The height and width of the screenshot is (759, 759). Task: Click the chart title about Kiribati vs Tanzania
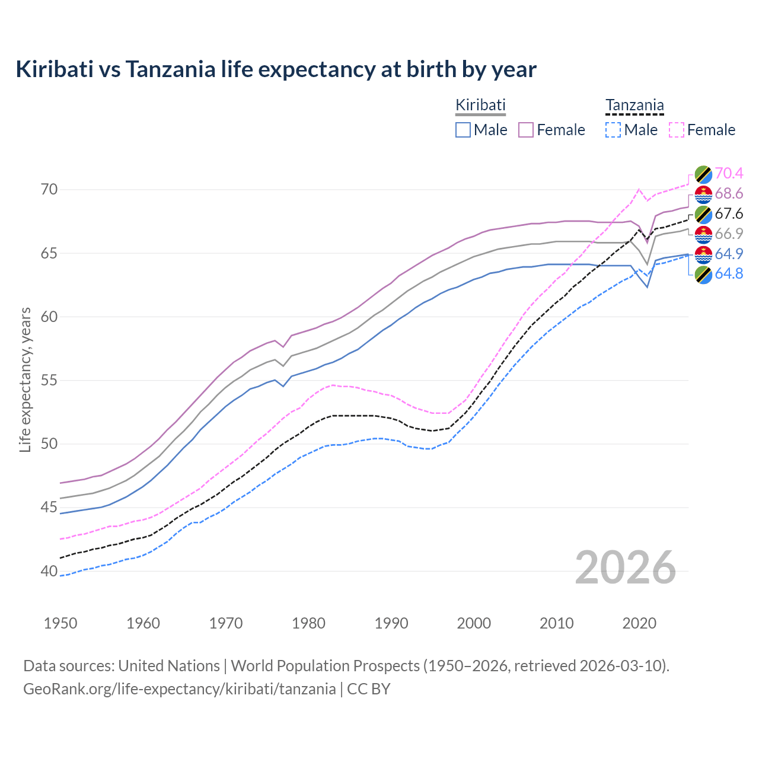pyautogui.click(x=276, y=69)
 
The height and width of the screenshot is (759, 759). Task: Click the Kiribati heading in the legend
pyautogui.click(x=480, y=105)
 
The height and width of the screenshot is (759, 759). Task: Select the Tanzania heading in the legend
pyautogui.click(x=634, y=105)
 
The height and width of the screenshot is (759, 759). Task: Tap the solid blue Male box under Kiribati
pyautogui.click(x=463, y=130)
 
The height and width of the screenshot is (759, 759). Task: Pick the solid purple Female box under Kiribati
pyautogui.click(x=526, y=130)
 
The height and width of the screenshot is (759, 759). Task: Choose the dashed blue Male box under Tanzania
pyautogui.click(x=613, y=130)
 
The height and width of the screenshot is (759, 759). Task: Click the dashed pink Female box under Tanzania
pyautogui.click(x=677, y=130)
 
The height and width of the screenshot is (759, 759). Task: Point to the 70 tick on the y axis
pyautogui.click(x=49, y=190)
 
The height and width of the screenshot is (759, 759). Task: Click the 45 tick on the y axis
pyautogui.click(x=49, y=508)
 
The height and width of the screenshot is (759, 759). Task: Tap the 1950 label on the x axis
pyautogui.click(x=61, y=623)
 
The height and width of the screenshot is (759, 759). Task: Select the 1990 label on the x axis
pyautogui.click(x=391, y=623)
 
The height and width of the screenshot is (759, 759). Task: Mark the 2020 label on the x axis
pyautogui.click(x=639, y=623)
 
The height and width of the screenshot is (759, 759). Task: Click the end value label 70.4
pyautogui.click(x=729, y=173)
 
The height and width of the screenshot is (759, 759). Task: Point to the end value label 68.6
pyautogui.click(x=729, y=194)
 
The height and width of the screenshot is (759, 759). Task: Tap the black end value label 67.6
pyautogui.click(x=729, y=214)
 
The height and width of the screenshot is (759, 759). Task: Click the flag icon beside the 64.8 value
pyautogui.click(x=703, y=275)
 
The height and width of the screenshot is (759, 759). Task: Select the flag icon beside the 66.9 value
pyautogui.click(x=703, y=234)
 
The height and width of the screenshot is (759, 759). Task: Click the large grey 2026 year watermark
pyautogui.click(x=626, y=567)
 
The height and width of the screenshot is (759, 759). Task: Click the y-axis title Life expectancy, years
pyautogui.click(x=25, y=379)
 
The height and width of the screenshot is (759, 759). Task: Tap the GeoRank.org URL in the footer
pyautogui.click(x=179, y=689)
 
